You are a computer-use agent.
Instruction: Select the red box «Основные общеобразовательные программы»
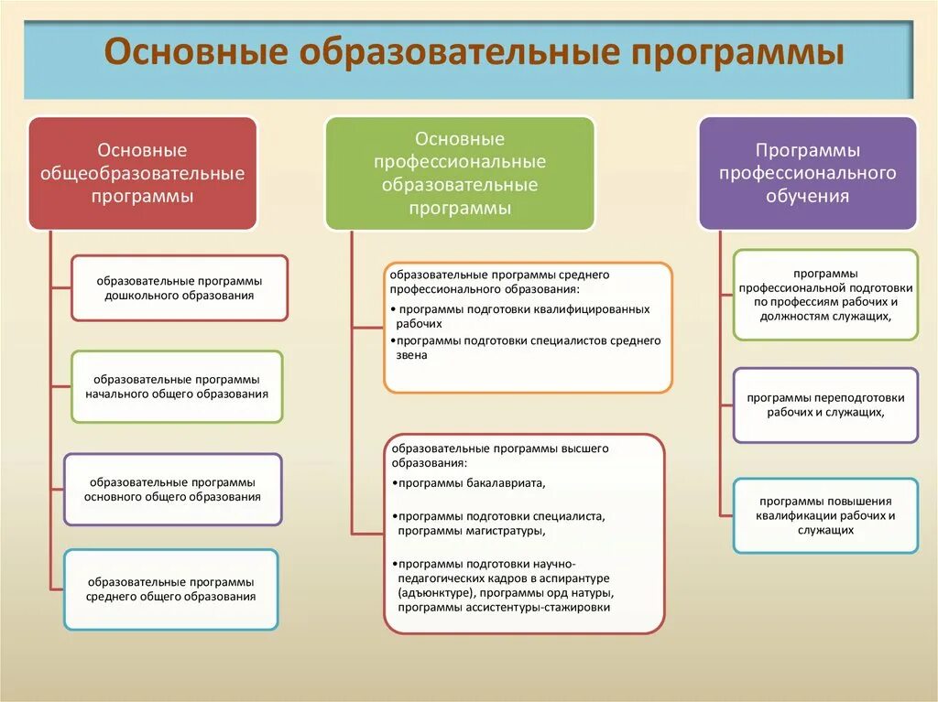click(142, 173)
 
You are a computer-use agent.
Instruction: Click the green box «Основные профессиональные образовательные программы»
click(460, 173)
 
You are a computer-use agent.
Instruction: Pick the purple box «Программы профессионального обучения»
click(807, 173)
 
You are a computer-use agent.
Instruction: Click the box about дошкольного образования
click(180, 288)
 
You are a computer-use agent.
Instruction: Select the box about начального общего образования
click(177, 386)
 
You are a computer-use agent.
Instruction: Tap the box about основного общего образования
click(172, 489)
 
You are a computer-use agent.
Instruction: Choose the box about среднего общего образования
click(170, 589)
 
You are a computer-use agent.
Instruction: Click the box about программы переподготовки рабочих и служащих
click(825, 405)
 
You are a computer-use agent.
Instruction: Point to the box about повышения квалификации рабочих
click(825, 515)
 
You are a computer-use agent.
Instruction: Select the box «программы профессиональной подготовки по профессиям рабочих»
click(825, 295)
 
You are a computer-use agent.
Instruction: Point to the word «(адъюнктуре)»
click(436, 593)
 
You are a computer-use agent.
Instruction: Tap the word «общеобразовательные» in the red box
click(142, 173)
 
